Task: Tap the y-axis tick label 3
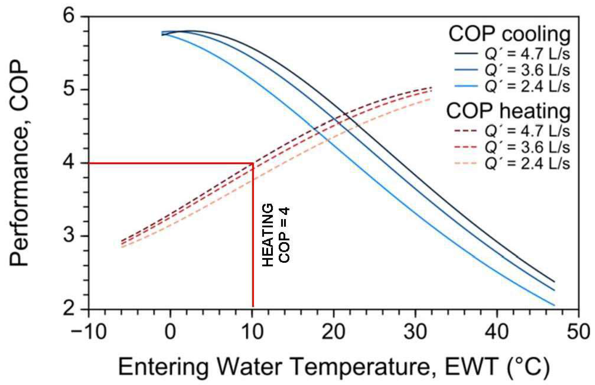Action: pyautogui.click(x=70, y=236)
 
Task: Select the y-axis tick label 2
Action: pyautogui.click(x=70, y=309)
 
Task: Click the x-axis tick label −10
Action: pyautogui.click(x=89, y=332)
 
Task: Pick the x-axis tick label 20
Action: pyautogui.click(x=333, y=332)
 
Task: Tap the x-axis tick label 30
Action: pyautogui.click(x=416, y=332)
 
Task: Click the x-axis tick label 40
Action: pyautogui.click(x=497, y=332)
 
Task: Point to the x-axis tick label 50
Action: pyautogui.click(x=579, y=332)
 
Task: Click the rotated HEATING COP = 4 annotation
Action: pyautogui.click(x=276, y=235)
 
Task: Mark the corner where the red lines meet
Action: pyautogui.click(x=253, y=163)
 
